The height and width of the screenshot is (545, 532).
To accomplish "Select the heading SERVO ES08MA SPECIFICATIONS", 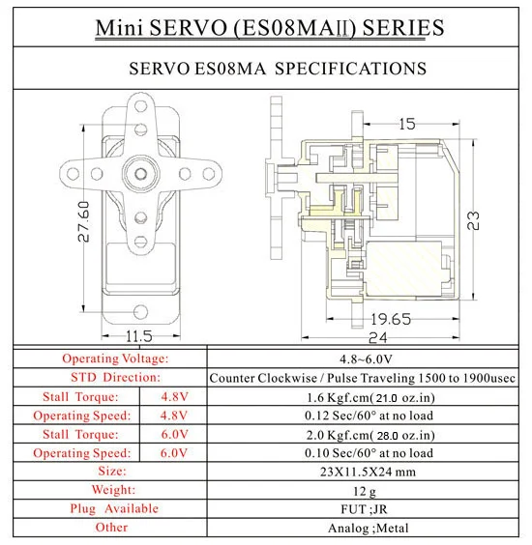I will pos(278,69).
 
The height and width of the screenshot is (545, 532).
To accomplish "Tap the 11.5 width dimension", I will pos(139,335).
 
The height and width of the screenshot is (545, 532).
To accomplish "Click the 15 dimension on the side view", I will pos(406,124).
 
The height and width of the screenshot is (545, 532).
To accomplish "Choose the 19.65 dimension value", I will pos(387,319).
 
